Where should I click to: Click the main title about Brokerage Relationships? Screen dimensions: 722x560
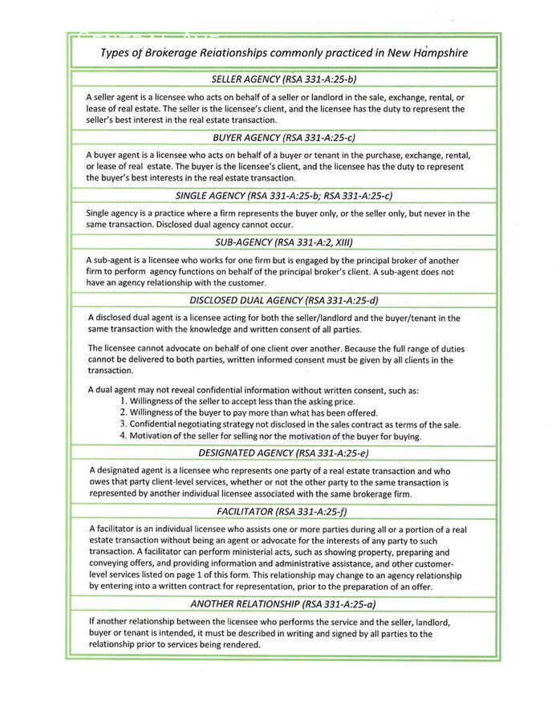point(283,53)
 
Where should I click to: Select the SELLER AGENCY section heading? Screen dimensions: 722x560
point(283,79)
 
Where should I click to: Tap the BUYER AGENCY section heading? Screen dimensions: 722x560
point(283,138)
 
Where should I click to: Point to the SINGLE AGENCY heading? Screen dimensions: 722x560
point(283,196)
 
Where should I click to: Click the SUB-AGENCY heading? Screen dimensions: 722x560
point(283,242)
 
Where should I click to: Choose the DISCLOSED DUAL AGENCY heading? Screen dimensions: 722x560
point(283,301)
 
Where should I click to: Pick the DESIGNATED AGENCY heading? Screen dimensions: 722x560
point(283,453)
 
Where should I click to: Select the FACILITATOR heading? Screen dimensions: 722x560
point(283,511)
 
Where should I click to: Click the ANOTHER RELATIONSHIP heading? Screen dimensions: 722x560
point(283,603)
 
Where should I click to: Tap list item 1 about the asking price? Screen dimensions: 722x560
point(237,400)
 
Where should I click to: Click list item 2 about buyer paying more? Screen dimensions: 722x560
point(249,412)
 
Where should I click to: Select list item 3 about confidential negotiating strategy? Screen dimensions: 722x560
point(290,424)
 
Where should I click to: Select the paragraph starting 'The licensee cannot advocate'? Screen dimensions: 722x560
point(276,360)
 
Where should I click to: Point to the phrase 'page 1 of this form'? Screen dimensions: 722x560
point(220,575)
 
